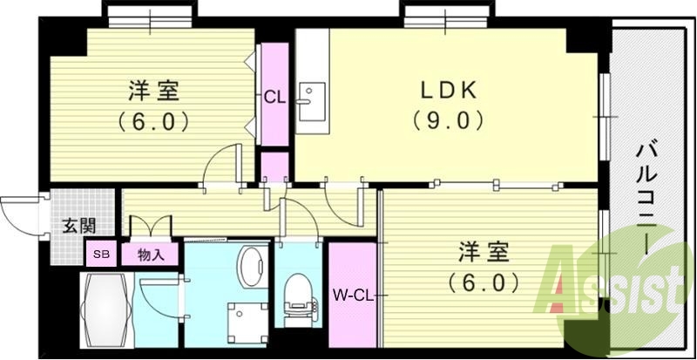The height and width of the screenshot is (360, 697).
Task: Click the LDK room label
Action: point(448,92)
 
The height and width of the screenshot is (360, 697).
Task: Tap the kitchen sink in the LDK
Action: point(311,101)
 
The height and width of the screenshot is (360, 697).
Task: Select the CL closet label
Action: point(275,98)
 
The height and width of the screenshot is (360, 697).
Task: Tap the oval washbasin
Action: point(253,266)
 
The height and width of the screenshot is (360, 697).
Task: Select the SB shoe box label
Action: point(101,254)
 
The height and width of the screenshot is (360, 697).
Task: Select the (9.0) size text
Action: point(448,119)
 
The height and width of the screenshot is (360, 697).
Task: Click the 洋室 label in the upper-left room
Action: point(154,92)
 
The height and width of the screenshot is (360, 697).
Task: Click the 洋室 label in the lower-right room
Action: point(484,253)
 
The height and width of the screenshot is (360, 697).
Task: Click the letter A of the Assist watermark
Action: point(563,285)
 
